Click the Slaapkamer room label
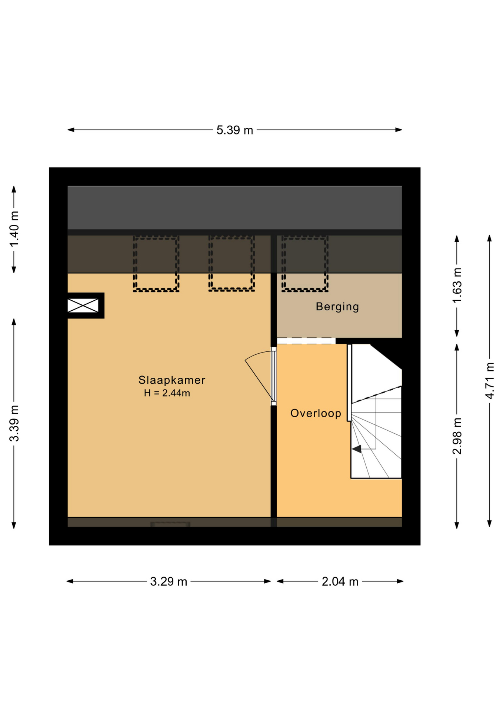[x=171, y=380]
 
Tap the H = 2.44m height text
[x=167, y=393]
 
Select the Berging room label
[x=337, y=307]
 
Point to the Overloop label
[x=316, y=413]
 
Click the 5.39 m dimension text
[x=234, y=130]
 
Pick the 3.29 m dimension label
[x=169, y=582]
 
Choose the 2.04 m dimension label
[x=340, y=582]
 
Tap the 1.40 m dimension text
[x=14, y=229]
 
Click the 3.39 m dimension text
[x=14, y=423]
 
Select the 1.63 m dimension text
[x=457, y=285]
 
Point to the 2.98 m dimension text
[x=457, y=436]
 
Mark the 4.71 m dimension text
[x=490, y=381]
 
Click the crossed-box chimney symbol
[x=83, y=306]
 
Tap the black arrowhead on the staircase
[x=356, y=449]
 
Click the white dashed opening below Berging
[x=306, y=341]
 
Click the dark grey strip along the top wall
[x=234, y=208]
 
